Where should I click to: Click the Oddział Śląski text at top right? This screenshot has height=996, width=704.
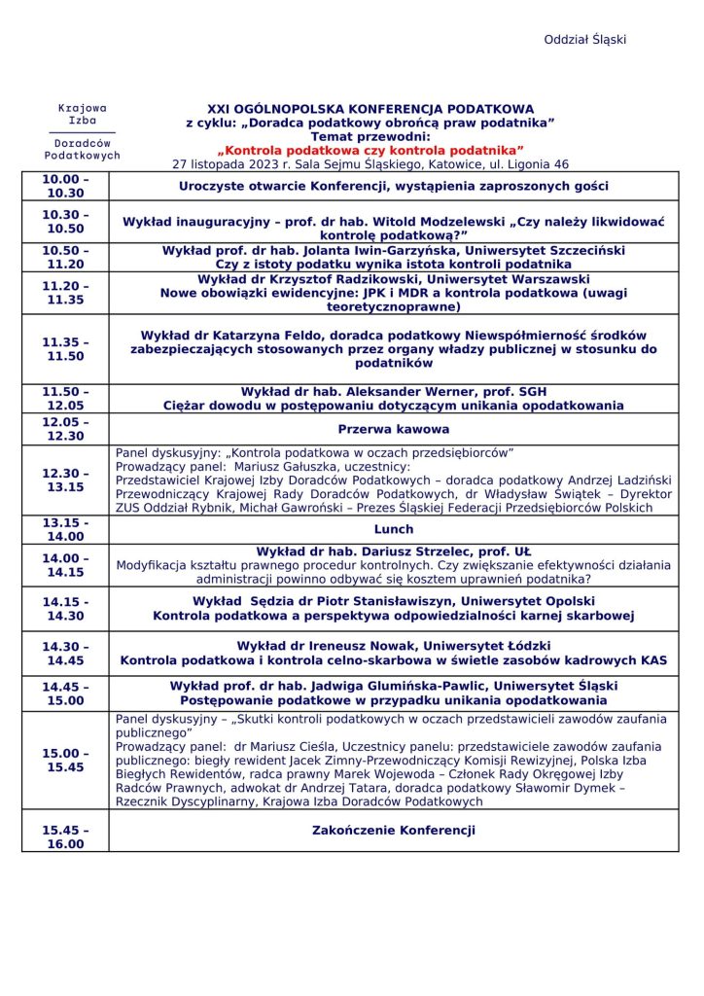click(584, 40)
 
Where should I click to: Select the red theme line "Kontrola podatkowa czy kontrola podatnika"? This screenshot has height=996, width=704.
click(370, 150)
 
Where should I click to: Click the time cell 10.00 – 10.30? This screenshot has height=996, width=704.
click(65, 187)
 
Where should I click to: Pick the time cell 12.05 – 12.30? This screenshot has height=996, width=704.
click(65, 429)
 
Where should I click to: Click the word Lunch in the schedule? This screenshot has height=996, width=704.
click(394, 530)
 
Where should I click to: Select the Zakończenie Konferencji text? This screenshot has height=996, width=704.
click(394, 831)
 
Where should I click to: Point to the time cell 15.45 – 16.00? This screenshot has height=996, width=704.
click(65, 837)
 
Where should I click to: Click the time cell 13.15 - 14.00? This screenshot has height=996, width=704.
click(65, 529)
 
